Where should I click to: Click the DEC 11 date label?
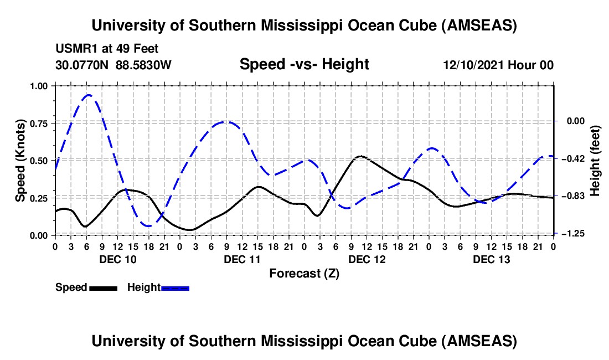(x=242, y=259)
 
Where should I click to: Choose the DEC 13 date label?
(x=491, y=259)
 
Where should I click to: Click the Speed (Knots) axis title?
(x=20, y=161)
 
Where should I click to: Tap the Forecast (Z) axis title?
(x=304, y=273)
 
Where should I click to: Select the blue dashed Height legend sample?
(x=175, y=288)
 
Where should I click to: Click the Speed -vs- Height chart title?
(x=304, y=64)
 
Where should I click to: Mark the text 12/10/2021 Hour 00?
(x=498, y=65)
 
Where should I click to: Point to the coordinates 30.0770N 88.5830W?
(x=113, y=65)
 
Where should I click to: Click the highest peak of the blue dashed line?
(x=88, y=95)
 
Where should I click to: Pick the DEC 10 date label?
(x=117, y=259)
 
